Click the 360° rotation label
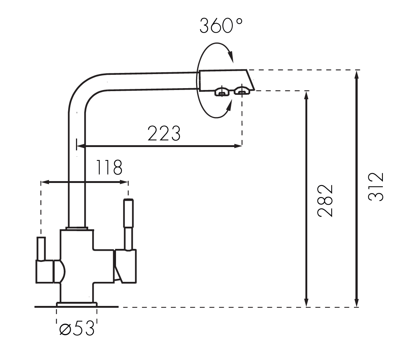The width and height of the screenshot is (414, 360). pyautogui.click(x=221, y=26)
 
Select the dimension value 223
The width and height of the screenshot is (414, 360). pyautogui.click(x=164, y=133)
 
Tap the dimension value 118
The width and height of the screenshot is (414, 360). pyautogui.click(x=109, y=167)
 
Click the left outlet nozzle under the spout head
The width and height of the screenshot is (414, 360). pyautogui.click(x=221, y=91)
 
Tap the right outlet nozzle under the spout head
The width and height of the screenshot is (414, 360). pyautogui.click(x=241, y=90)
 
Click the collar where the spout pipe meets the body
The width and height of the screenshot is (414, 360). pyautogui.click(x=77, y=228)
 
